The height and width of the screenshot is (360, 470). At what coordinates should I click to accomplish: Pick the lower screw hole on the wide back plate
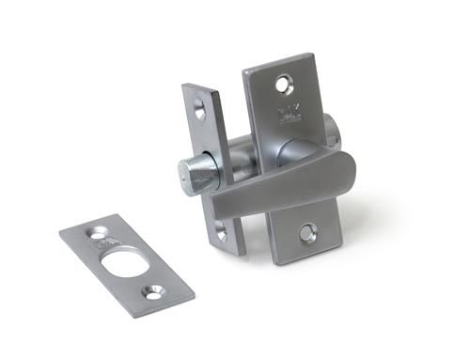[307, 229]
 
